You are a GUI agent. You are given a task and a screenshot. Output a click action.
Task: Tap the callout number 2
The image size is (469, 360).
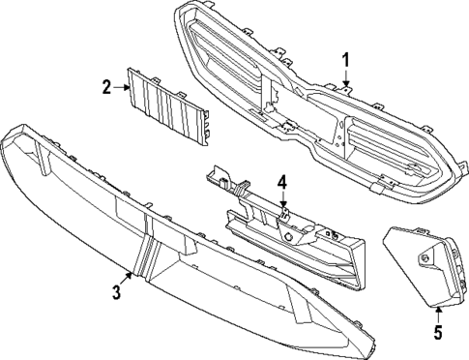[x=107, y=87]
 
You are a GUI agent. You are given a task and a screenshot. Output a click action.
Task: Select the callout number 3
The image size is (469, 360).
[x=115, y=292]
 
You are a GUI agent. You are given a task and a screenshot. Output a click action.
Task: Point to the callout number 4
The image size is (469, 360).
[x=281, y=181]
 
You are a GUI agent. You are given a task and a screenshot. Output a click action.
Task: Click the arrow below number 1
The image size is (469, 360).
[x=344, y=82]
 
